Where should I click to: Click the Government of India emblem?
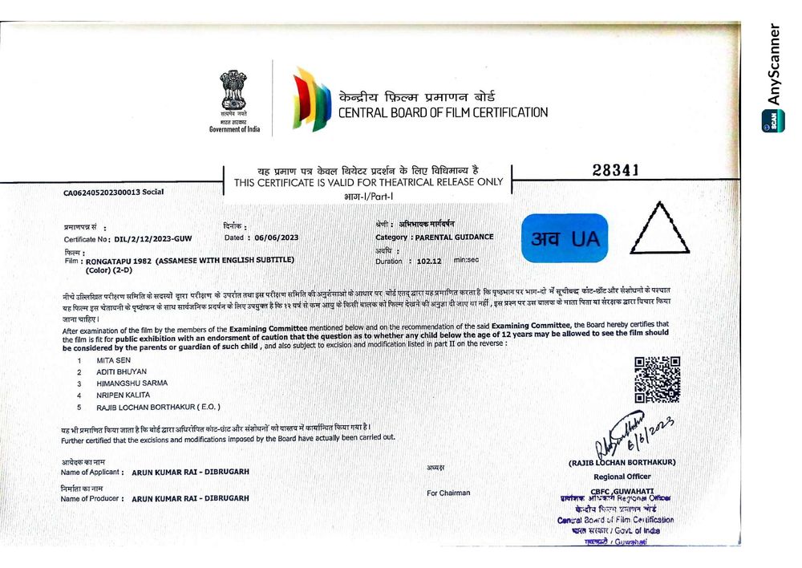pos(234,93)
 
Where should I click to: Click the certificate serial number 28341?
pos(615,170)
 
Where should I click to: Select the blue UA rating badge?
pos(565,238)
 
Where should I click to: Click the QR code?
pos(657,379)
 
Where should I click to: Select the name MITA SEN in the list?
pos(111,360)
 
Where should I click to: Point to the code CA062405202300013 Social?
pos(113,193)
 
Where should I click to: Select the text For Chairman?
pos(448,493)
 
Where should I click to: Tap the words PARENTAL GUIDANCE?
pos(453,237)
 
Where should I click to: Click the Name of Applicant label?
pos(91,473)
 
